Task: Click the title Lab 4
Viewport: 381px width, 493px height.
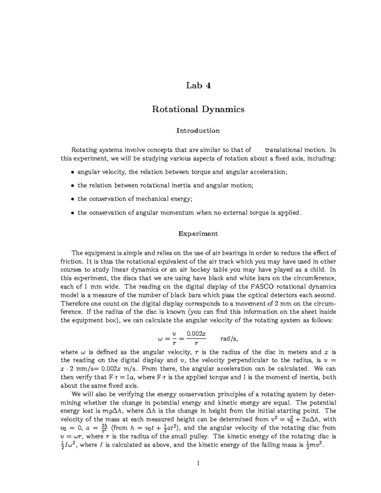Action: click(x=198, y=85)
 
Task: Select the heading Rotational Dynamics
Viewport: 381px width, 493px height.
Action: click(x=198, y=109)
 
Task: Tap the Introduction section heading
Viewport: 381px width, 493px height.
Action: click(x=198, y=130)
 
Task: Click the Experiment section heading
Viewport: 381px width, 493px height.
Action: click(x=198, y=234)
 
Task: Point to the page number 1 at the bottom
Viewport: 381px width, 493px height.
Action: click(x=198, y=463)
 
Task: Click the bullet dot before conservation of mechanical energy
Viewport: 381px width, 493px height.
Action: click(x=72, y=199)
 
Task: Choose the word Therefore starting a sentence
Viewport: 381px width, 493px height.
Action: click(x=75, y=303)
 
